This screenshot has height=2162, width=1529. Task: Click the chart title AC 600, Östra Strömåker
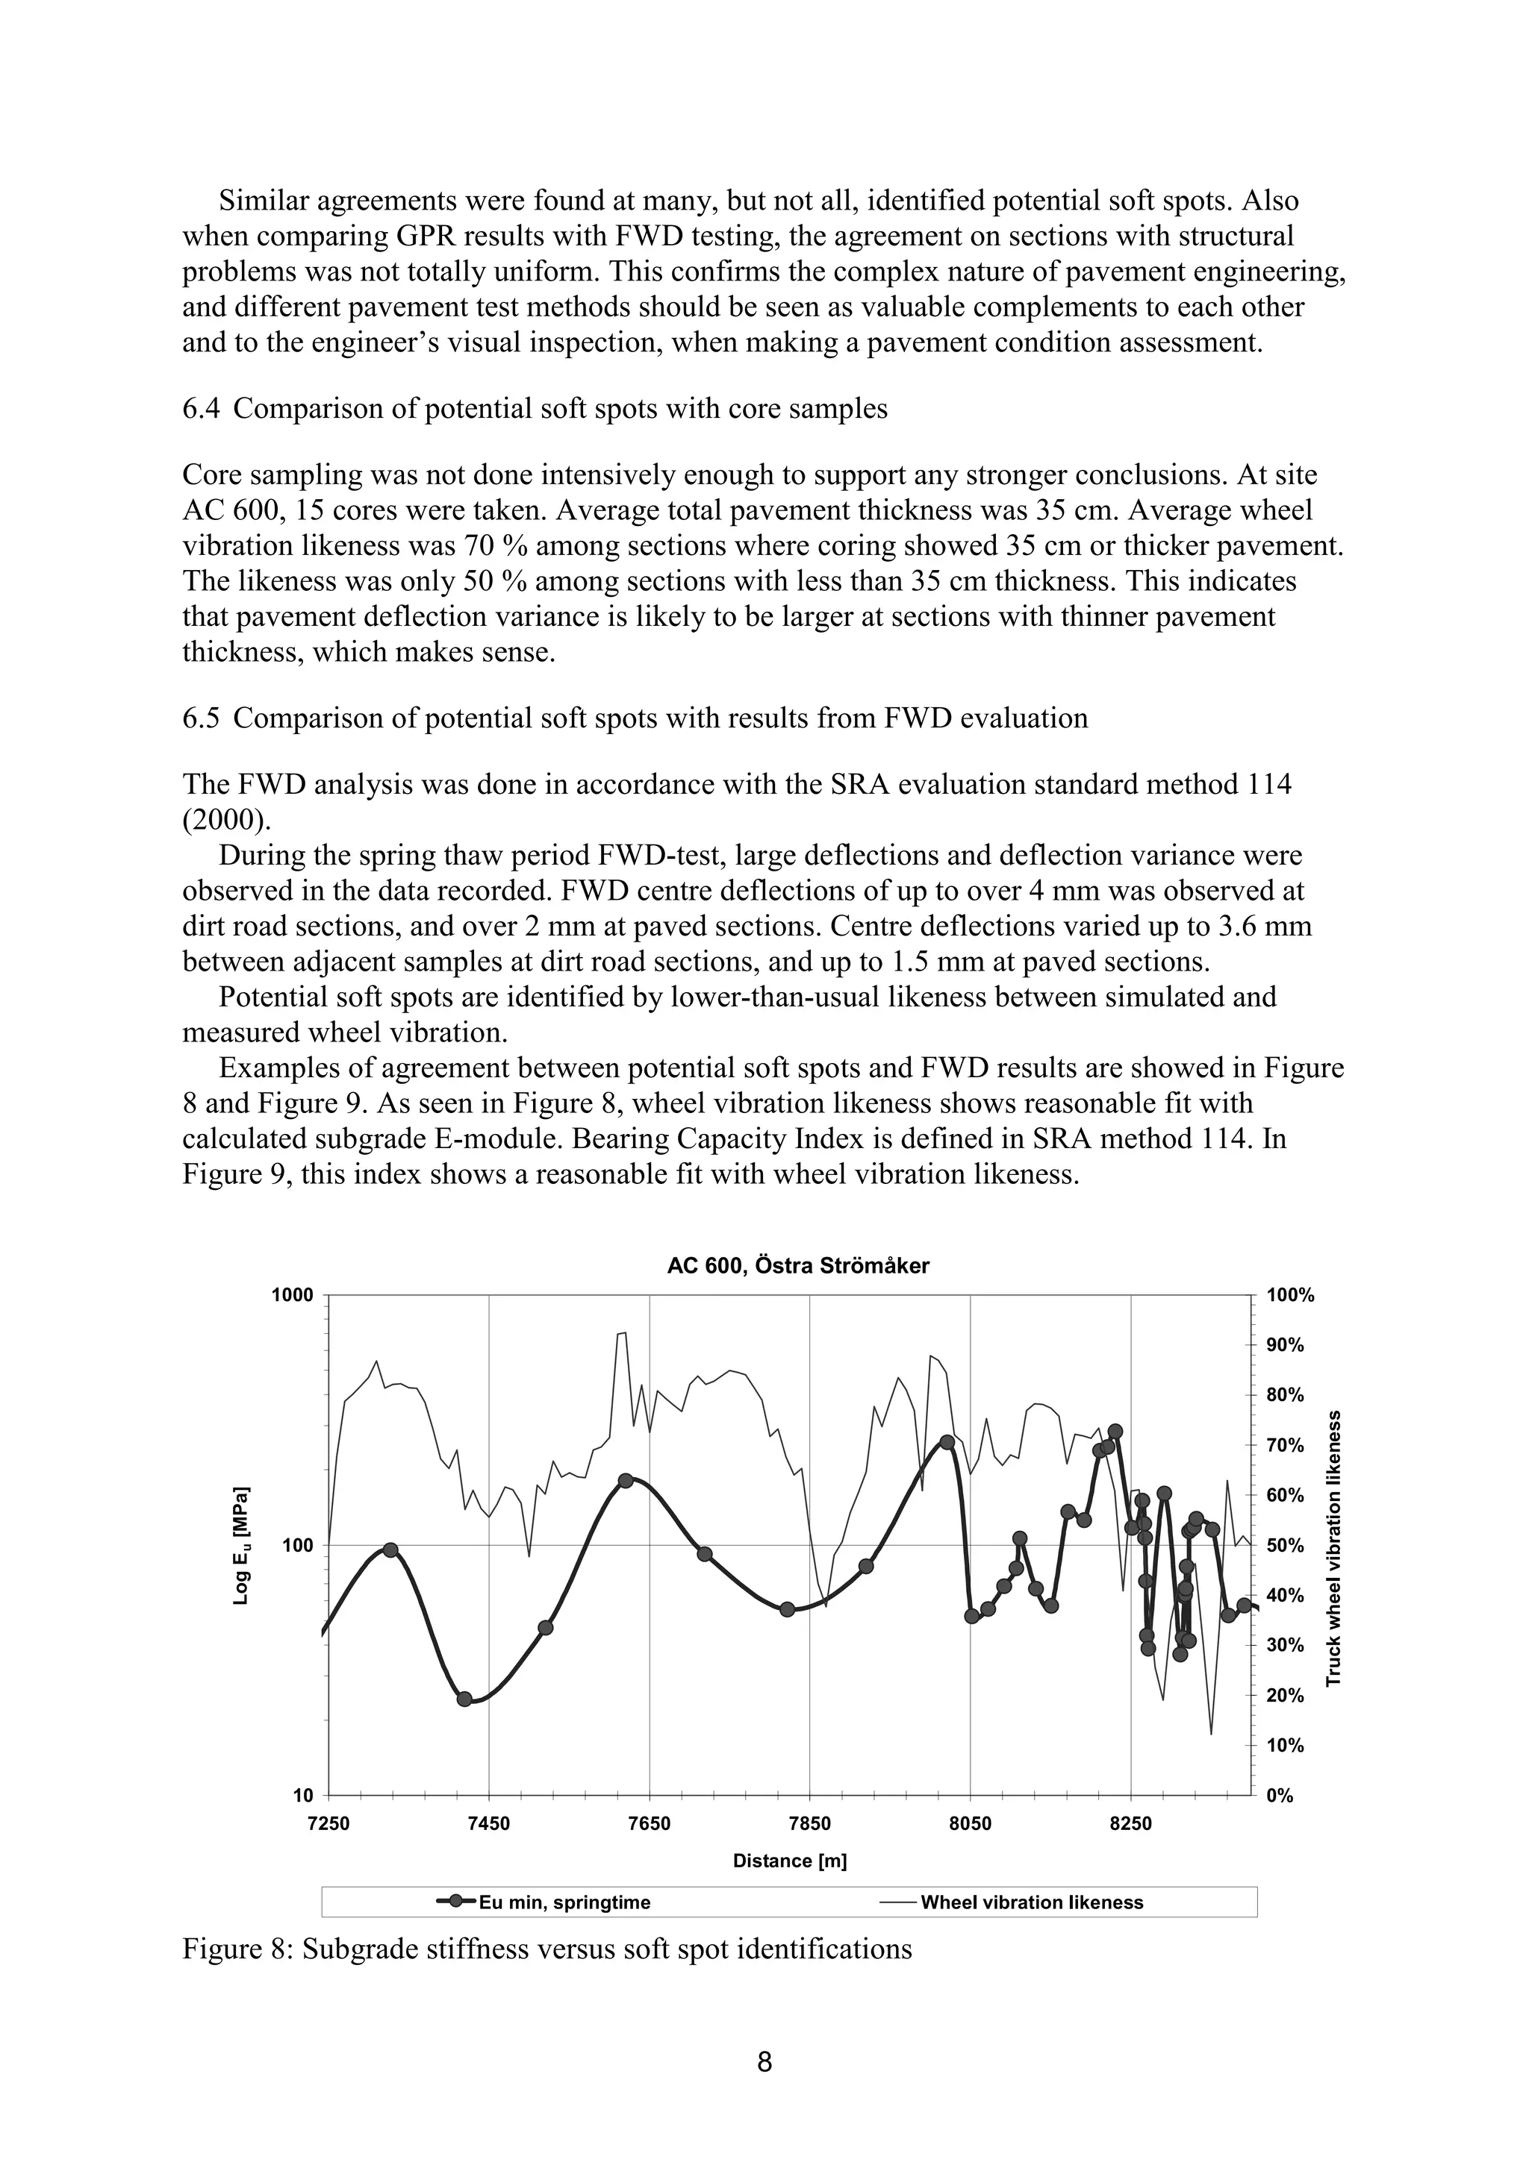[x=797, y=1265]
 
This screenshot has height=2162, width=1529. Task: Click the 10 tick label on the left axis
[x=302, y=1796]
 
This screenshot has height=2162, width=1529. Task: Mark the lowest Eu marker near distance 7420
[x=464, y=1699]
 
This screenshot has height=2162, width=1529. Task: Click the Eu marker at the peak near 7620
[x=625, y=1480]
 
